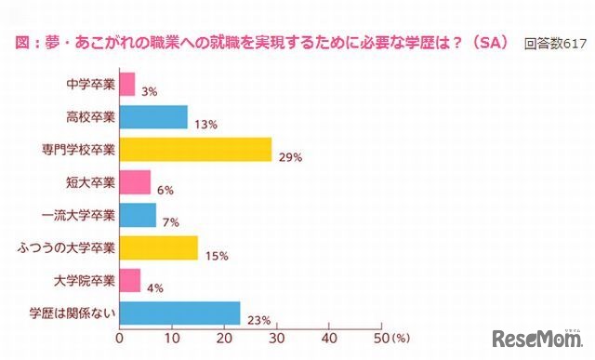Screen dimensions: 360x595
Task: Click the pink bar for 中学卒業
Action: [x=127, y=85]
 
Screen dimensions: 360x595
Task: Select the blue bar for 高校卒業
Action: [x=153, y=117]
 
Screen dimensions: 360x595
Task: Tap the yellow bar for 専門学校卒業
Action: [x=195, y=149]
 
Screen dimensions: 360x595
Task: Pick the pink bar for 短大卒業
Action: [x=135, y=182]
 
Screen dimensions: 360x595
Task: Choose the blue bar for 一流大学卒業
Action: [x=138, y=215]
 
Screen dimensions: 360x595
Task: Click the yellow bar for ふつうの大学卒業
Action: [x=159, y=247]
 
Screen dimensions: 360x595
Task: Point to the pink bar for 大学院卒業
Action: [x=130, y=280]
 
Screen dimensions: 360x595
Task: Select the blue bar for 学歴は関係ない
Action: [x=179, y=313]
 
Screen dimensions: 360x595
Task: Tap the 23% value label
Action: [x=258, y=321]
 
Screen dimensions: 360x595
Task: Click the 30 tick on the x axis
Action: [x=276, y=339]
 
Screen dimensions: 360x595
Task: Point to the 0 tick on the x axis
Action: [x=119, y=339]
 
